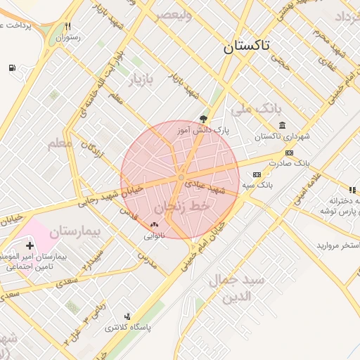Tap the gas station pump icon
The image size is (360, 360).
tap(13, 67)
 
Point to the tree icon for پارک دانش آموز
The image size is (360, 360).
tap(205, 119)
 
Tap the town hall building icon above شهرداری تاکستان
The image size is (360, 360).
tap(282, 126)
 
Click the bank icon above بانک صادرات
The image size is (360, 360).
tap(289, 153)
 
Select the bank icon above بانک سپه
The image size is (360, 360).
tap(257, 174)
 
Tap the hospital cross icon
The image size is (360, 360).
tap(30, 245)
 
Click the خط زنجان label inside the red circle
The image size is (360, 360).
tap(181, 207)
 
